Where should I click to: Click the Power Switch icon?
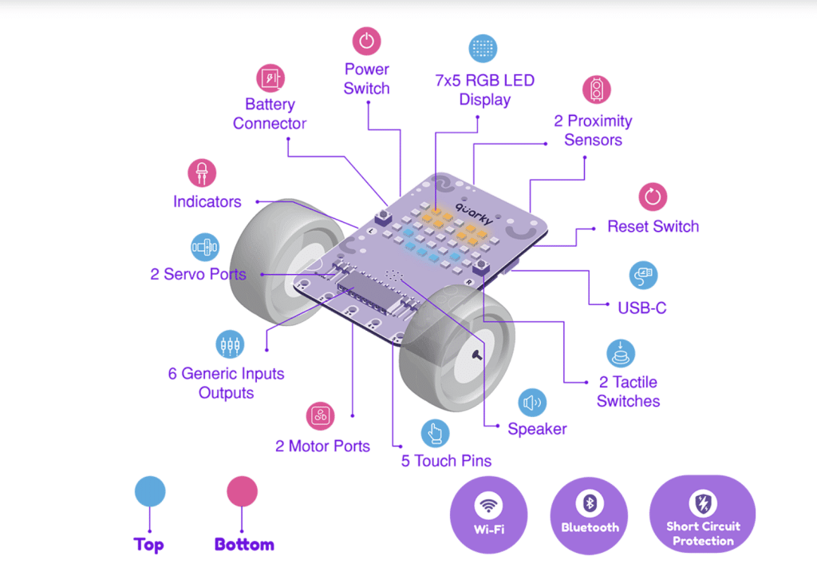[366, 41]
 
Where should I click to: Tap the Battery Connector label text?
[270, 114]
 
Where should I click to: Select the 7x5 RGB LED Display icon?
[483, 48]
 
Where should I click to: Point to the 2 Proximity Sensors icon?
[595, 90]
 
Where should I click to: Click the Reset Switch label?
[653, 226]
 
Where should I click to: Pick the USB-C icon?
[643, 275]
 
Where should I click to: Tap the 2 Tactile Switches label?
[628, 391]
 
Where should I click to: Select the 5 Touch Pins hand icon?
[435, 434]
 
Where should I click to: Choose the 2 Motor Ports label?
[322, 446]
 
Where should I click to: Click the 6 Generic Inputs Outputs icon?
[230, 345]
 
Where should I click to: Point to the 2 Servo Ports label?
[198, 274]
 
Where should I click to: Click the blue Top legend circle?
[149, 491]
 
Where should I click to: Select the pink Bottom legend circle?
[243, 491]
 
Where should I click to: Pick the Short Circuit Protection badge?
[703, 514]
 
